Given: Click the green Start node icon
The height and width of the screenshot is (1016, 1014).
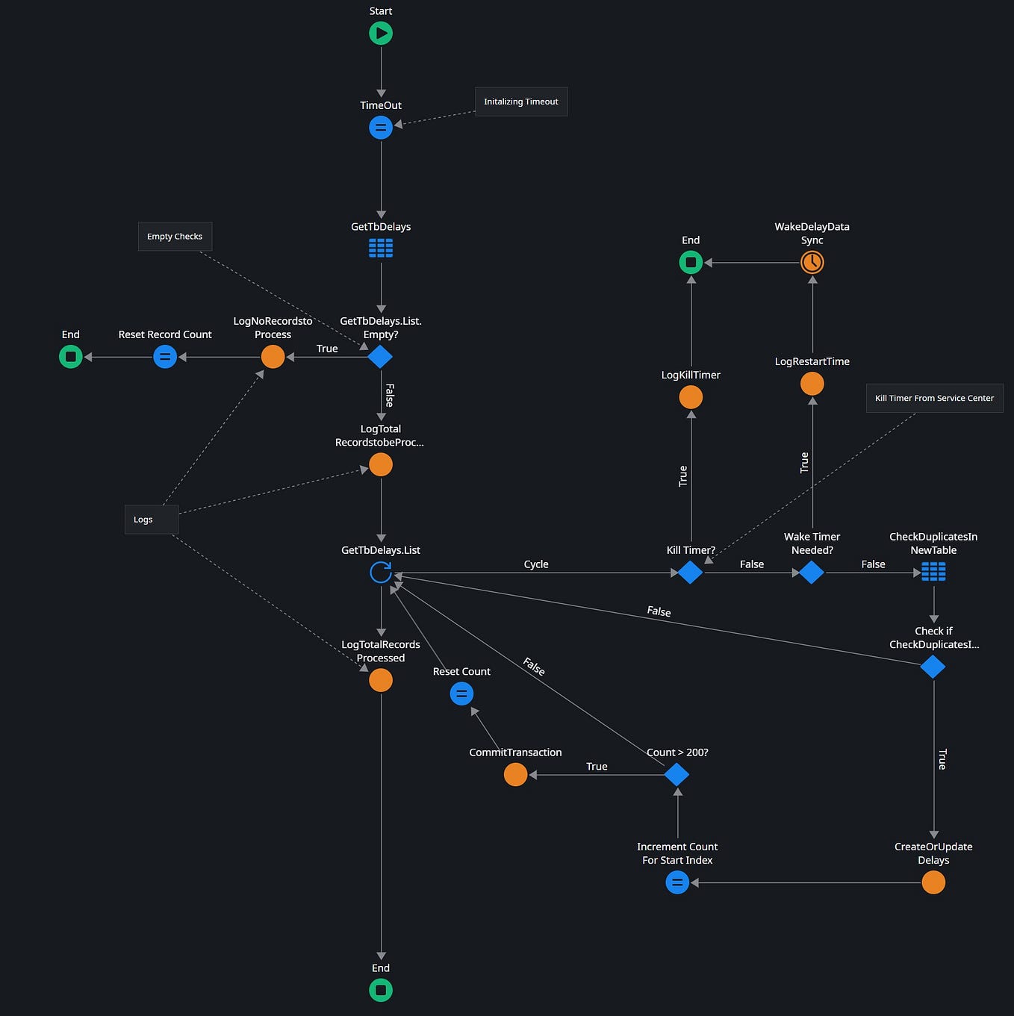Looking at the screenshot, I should point(381,33).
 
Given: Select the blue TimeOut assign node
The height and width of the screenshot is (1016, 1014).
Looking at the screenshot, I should point(381,128).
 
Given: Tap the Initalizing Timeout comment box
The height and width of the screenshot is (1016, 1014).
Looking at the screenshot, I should point(521,102).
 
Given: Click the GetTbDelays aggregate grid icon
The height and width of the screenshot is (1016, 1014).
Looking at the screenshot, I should point(381,248).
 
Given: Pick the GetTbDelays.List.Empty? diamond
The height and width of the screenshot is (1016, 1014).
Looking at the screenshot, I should point(380,357).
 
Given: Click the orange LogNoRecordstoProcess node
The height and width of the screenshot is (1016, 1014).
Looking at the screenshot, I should point(273,357).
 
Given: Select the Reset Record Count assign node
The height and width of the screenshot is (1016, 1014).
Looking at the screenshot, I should point(165,357).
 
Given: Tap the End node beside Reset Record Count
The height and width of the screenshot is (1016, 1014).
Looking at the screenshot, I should point(71,357).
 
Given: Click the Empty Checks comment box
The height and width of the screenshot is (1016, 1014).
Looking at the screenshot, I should point(175,237).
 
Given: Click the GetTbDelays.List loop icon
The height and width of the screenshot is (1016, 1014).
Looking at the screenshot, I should point(381,573).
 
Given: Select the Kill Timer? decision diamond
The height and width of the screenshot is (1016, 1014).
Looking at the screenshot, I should point(690,573).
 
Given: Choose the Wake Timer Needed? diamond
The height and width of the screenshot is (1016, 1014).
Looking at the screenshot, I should point(812,573).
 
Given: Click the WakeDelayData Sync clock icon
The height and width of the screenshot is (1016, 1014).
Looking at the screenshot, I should point(812,262).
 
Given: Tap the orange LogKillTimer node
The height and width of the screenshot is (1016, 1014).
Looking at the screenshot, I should point(691,397).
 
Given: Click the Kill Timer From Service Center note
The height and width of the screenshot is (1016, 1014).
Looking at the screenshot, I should point(934,398).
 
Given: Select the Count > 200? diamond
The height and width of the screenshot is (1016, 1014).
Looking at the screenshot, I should point(676,775).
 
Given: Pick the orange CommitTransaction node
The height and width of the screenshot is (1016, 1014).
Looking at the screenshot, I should point(515,775).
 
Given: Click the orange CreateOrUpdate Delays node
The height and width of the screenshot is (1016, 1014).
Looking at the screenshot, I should point(933,882).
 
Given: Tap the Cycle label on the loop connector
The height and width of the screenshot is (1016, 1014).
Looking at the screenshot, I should point(536,564).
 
